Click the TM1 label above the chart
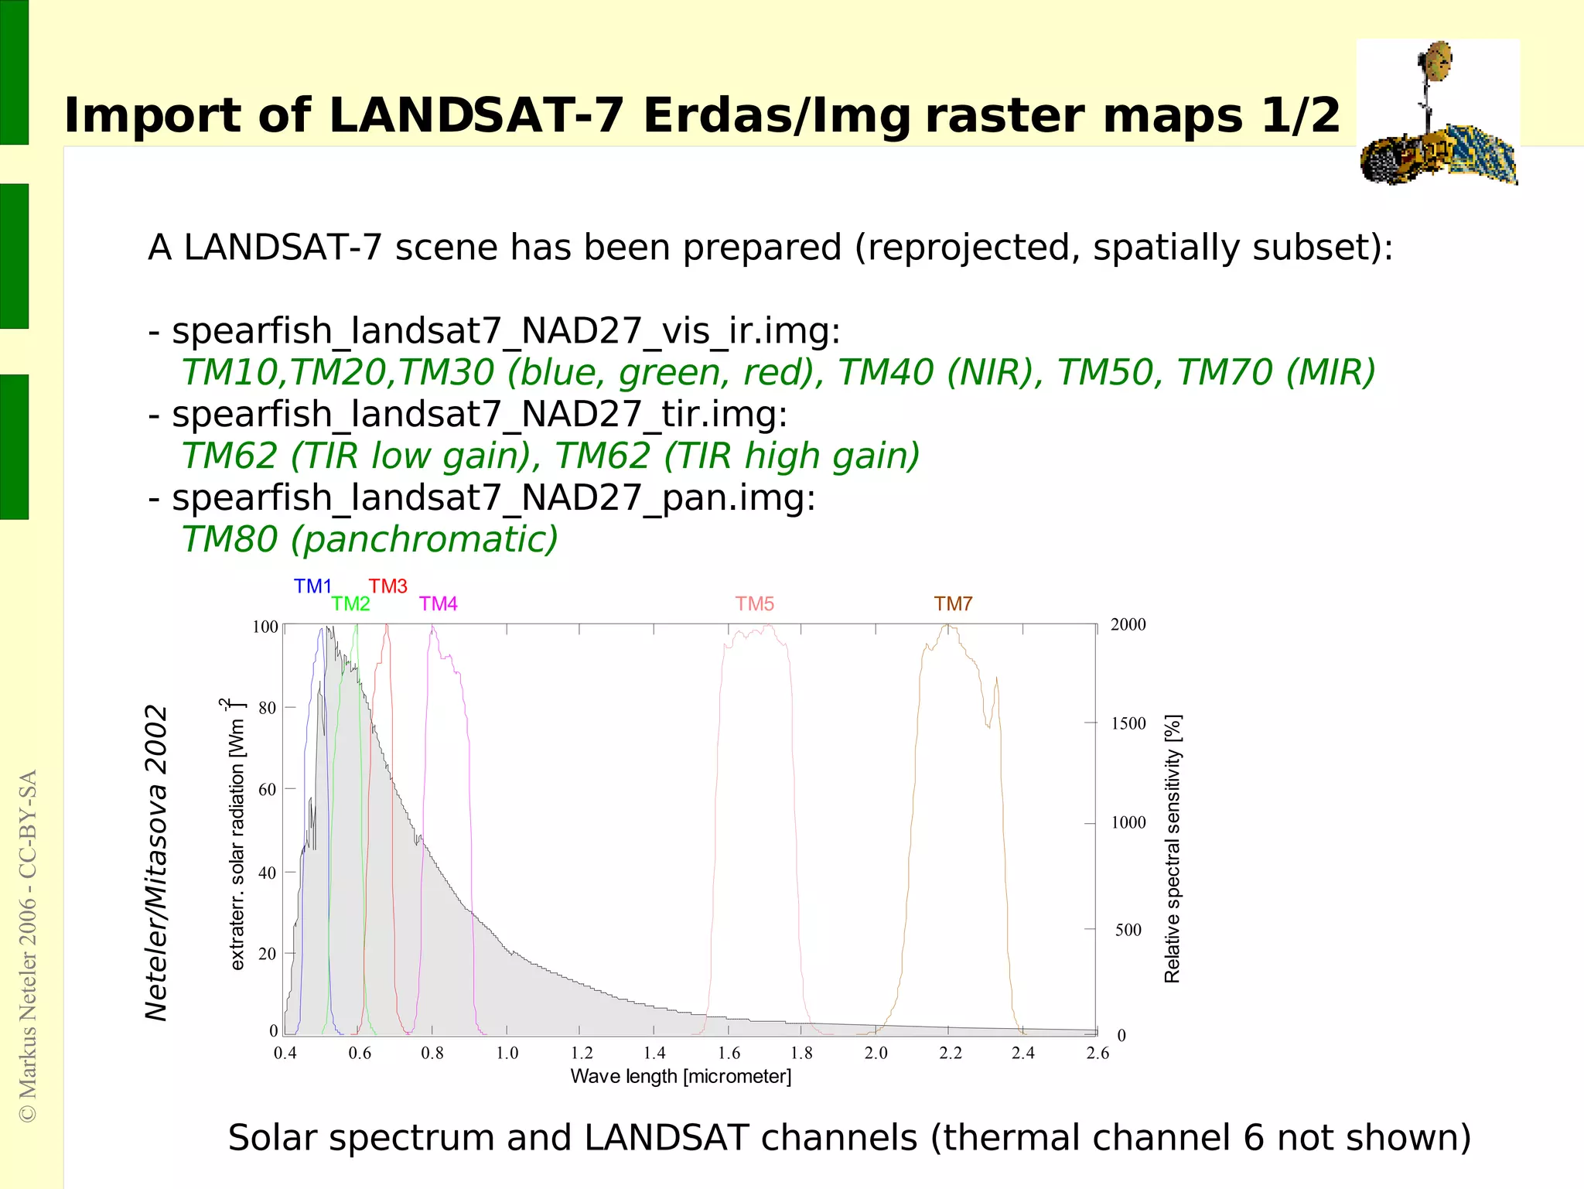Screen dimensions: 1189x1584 tap(312, 586)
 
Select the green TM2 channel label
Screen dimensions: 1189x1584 tap(350, 604)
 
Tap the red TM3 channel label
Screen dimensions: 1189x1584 tap(387, 586)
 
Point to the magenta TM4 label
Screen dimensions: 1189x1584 tap(438, 604)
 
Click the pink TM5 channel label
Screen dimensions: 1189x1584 tap(754, 604)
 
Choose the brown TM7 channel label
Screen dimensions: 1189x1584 tap(953, 604)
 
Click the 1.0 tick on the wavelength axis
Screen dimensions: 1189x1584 tap(507, 1053)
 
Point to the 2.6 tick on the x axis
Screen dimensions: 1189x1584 tap(1097, 1053)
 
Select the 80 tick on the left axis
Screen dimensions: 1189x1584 tap(267, 708)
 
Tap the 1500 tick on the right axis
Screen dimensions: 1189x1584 tap(1128, 723)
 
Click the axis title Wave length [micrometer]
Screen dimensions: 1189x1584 tap(681, 1077)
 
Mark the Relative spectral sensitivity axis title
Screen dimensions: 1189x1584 tap(1173, 849)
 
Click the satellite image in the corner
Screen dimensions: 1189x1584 tap(1439, 113)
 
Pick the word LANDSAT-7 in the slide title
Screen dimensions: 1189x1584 tap(476, 116)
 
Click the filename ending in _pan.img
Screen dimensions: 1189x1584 tap(493, 497)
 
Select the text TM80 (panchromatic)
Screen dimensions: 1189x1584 tap(370, 539)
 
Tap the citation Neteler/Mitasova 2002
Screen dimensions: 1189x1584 tap(156, 863)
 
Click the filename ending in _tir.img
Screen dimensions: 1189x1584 tap(480, 414)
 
